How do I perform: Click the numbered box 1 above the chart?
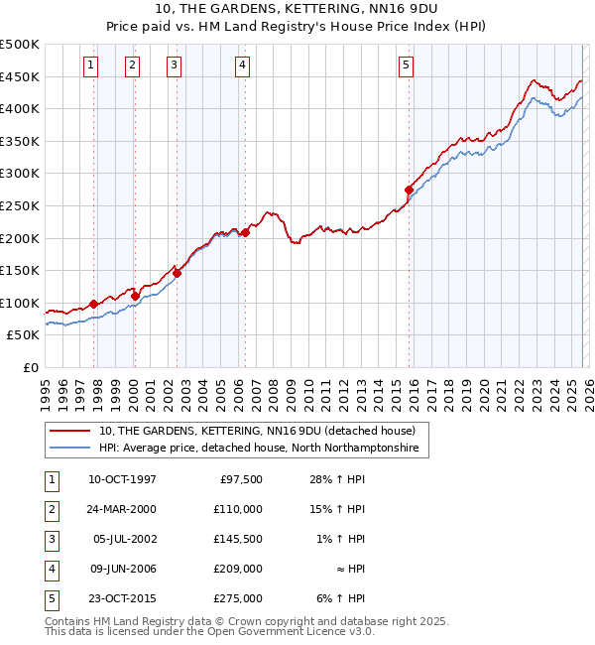90,66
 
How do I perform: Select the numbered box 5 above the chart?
406,66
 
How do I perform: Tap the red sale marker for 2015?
409,189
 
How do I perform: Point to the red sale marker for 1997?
94,304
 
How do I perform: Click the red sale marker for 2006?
245,231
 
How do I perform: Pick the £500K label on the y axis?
20,45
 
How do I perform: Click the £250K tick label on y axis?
20,205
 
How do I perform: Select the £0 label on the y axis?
31,367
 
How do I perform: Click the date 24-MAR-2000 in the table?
122,509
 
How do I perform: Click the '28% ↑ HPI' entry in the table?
336,479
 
